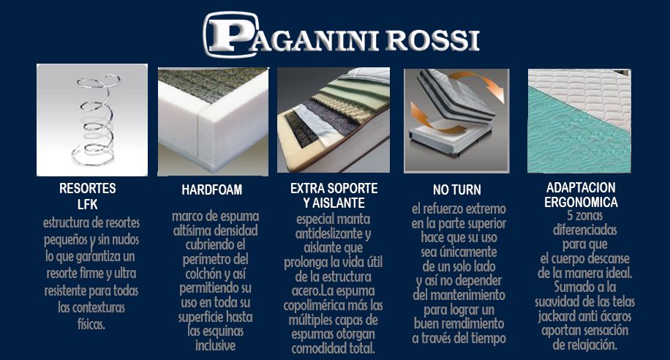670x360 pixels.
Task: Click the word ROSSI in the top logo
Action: click(x=433, y=40)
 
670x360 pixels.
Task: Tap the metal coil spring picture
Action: click(x=91, y=119)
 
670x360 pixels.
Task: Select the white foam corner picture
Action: click(x=213, y=121)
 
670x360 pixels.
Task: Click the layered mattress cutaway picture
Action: click(x=333, y=120)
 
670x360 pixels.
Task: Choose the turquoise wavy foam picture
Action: click(x=579, y=120)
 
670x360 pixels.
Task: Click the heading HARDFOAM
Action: click(x=212, y=190)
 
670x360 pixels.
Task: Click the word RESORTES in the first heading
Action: click(x=88, y=189)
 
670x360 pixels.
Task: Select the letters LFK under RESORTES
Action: click(x=88, y=204)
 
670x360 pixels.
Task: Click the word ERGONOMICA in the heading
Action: click(x=581, y=202)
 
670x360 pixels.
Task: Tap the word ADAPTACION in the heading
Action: click(x=581, y=187)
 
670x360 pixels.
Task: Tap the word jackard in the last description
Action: click(x=558, y=317)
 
